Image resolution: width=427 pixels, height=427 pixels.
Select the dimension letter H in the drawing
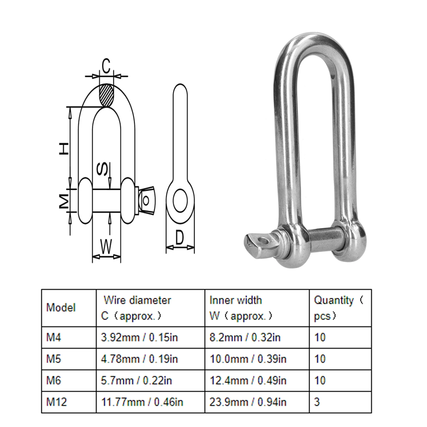[x=64, y=149]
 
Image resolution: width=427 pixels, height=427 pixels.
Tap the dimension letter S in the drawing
[x=102, y=169]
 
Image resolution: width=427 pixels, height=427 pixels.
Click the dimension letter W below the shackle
[x=106, y=246]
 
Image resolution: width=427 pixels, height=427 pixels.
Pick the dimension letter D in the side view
[x=180, y=238]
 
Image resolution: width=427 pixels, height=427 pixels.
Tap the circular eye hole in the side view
[x=180, y=201]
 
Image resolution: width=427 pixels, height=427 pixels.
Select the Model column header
[x=61, y=308]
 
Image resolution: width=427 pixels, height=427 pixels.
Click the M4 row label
[x=54, y=337]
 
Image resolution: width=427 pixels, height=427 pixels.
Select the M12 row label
[x=56, y=402]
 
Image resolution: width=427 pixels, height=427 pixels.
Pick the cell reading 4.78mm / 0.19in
[x=139, y=359]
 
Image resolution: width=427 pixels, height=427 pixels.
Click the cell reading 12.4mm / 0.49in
[x=248, y=380]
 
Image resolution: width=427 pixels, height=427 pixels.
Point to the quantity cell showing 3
[x=317, y=402]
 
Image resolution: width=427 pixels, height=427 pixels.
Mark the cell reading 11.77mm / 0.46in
[x=142, y=402]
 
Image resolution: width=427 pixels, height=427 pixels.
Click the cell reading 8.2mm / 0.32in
[x=245, y=337]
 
